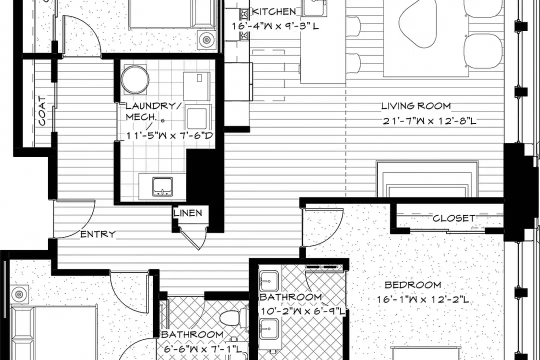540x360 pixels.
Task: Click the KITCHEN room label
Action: pos(274,11)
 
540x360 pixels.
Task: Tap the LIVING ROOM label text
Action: pos(416,106)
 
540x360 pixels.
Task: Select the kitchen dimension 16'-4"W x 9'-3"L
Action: pos(275,26)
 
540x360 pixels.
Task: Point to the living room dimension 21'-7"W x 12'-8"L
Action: pos(429,121)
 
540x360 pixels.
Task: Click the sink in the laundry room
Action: pos(162,186)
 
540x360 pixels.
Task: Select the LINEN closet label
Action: pos(188,213)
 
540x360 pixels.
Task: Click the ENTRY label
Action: pos(98,234)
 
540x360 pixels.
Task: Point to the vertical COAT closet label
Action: pos(42,111)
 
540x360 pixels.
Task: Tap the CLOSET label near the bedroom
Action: pos(454,218)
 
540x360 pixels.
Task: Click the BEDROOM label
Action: pos(412,285)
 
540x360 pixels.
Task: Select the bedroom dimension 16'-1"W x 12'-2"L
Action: pos(423,299)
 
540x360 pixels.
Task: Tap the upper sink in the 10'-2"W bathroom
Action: pos(269,281)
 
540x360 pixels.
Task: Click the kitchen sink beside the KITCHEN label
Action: pos(314,7)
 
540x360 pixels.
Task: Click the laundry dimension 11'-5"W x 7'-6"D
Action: pos(169,135)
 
